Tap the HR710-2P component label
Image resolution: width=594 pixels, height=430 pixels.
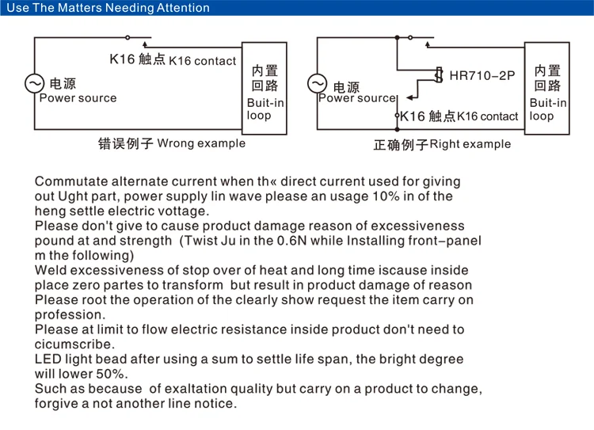(482, 76)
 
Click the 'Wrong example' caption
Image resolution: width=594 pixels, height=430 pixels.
(201, 143)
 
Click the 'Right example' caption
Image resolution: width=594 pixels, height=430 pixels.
(470, 144)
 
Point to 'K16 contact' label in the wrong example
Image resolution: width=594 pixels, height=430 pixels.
(203, 61)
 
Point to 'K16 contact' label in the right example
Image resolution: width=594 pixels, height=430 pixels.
(488, 116)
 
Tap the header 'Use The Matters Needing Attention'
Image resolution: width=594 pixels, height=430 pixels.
(108, 8)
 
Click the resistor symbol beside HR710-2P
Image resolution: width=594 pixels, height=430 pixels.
(438, 75)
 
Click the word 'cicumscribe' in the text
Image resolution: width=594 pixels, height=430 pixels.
(74, 344)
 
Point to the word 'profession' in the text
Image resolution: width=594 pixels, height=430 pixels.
(69, 314)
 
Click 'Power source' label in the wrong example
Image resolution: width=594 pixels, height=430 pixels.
(78, 98)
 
